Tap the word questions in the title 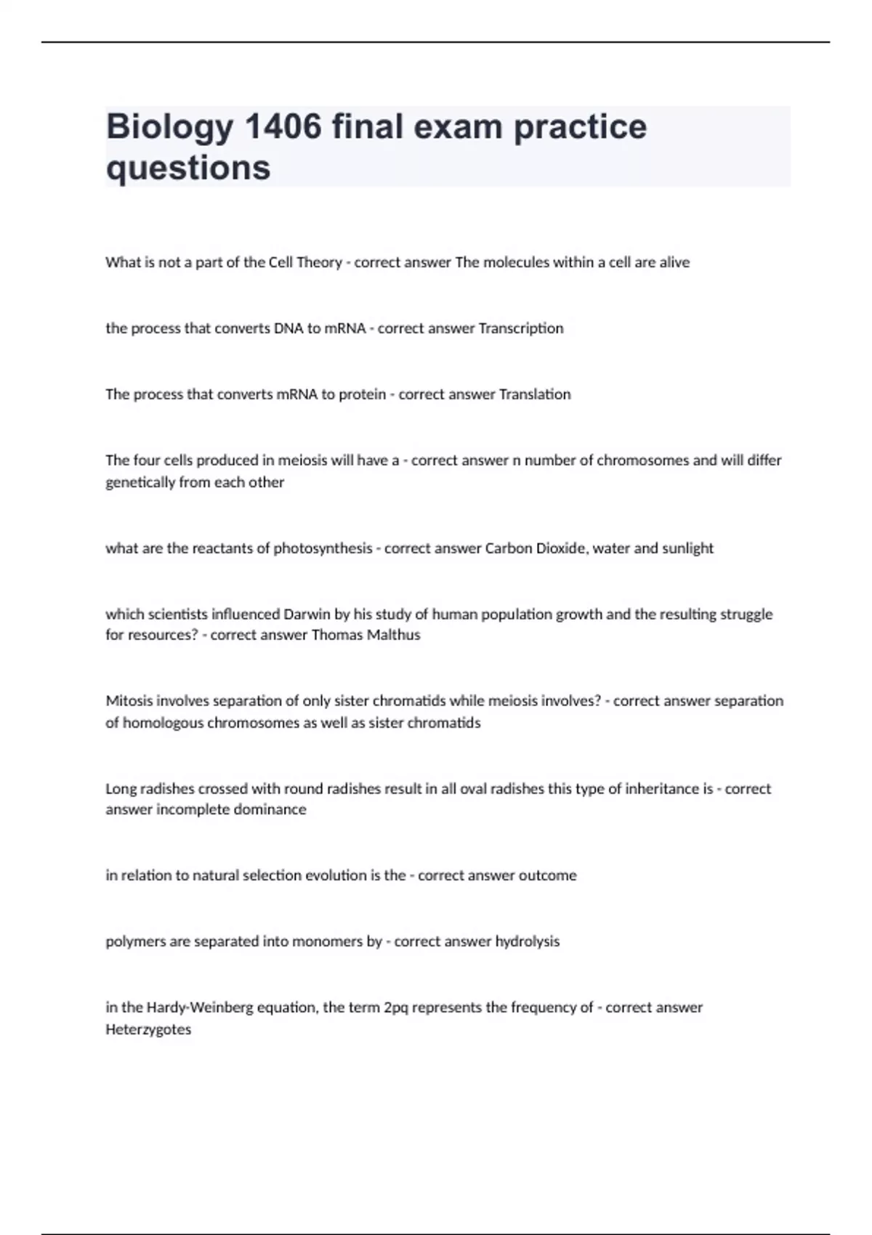click(188, 168)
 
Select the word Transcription click(521, 328)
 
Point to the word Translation click(535, 394)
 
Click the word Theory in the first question click(320, 262)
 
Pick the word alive click(674, 262)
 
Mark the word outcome click(548, 875)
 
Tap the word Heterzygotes click(148, 1029)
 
